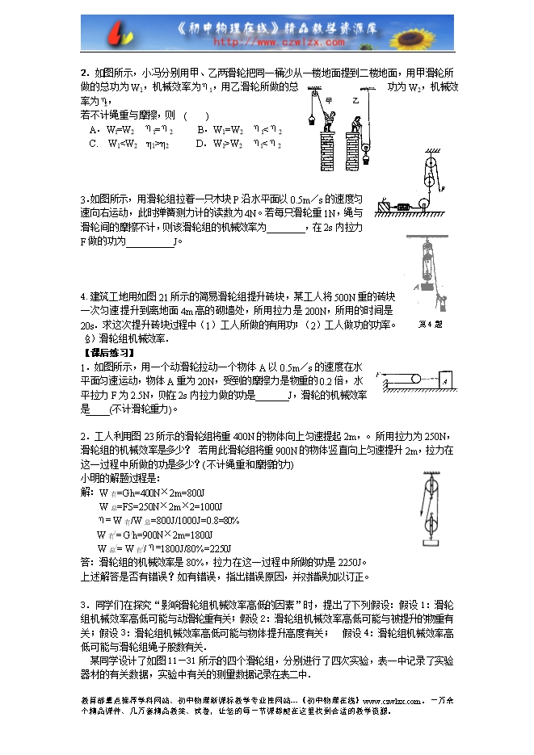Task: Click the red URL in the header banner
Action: click(267, 40)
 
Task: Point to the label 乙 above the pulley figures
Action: click(354, 101)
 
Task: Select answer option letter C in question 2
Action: click(94, 144)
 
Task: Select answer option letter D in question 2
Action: click(200, 144)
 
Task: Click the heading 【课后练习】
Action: click(110, 352)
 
